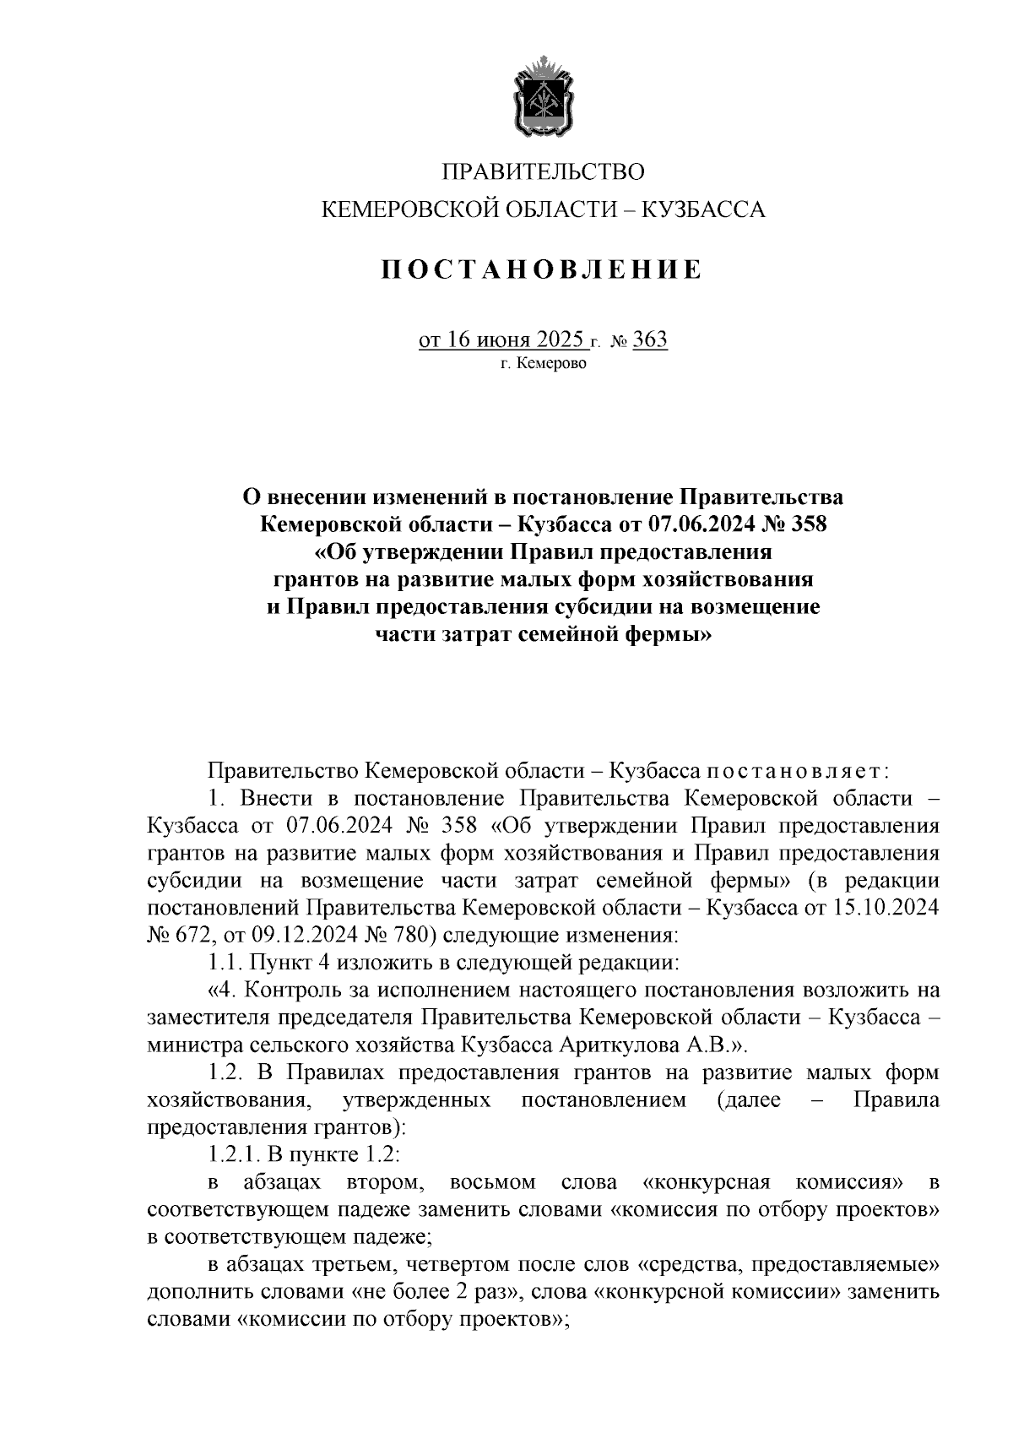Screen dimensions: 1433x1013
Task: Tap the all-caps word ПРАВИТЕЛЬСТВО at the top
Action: tap(544, 172)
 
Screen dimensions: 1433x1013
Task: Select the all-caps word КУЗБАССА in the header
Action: tap(704, 209)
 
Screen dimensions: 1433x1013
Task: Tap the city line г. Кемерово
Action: tap(543, 365)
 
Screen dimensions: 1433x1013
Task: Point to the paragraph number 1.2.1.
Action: tap(233, 1154)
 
